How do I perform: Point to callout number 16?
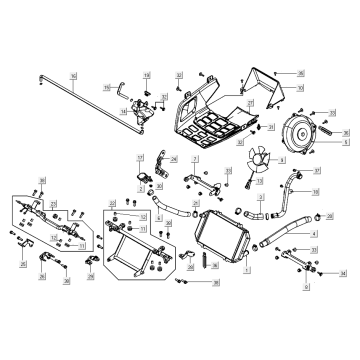point(73,76)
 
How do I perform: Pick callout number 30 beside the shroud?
point(300,87)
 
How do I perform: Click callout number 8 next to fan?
point(282,160)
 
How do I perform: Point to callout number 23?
point(53,203)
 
